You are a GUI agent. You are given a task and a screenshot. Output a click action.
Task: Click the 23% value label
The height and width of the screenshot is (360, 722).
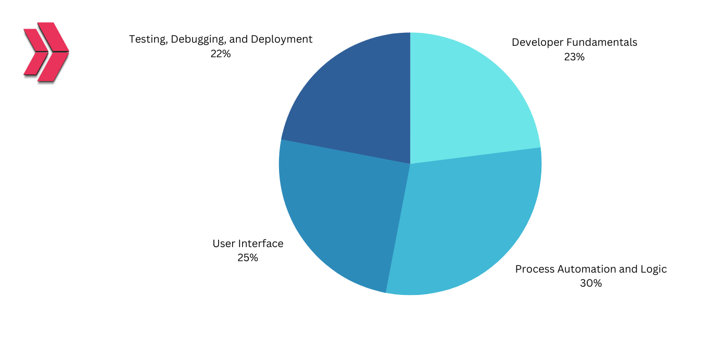pyautogui.click(x=574, y=57)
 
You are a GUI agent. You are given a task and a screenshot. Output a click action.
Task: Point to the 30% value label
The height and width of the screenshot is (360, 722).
pyautogui.click(x=591, y=284)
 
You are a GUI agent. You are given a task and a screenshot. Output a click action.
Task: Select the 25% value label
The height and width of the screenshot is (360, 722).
pyautogui.click(x=248, y=258)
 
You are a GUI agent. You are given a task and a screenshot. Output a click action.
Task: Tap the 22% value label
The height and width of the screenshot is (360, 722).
pyautogui.click(x=220, y=54)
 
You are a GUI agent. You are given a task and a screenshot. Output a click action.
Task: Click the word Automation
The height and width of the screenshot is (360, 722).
pyautogui.click(x=582, y=269)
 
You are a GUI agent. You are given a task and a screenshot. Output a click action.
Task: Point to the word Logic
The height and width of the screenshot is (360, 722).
pyautogui.click(x=654, y=269)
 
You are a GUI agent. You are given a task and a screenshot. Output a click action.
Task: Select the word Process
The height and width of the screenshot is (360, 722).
pyautogui.click(x=535, y=269)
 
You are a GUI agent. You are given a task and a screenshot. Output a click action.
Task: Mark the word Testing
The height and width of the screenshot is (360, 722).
pyautogui.click(x=148, y=40)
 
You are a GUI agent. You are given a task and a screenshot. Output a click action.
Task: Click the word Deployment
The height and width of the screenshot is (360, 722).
pyautogui.click(x=281, y=40)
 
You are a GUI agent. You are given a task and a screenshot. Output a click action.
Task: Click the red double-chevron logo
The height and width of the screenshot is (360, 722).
pyautogui.click(x=46, y=52)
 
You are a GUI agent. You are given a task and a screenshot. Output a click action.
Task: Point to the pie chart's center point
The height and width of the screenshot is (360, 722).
pyautogui.click(x=410, y=164)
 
